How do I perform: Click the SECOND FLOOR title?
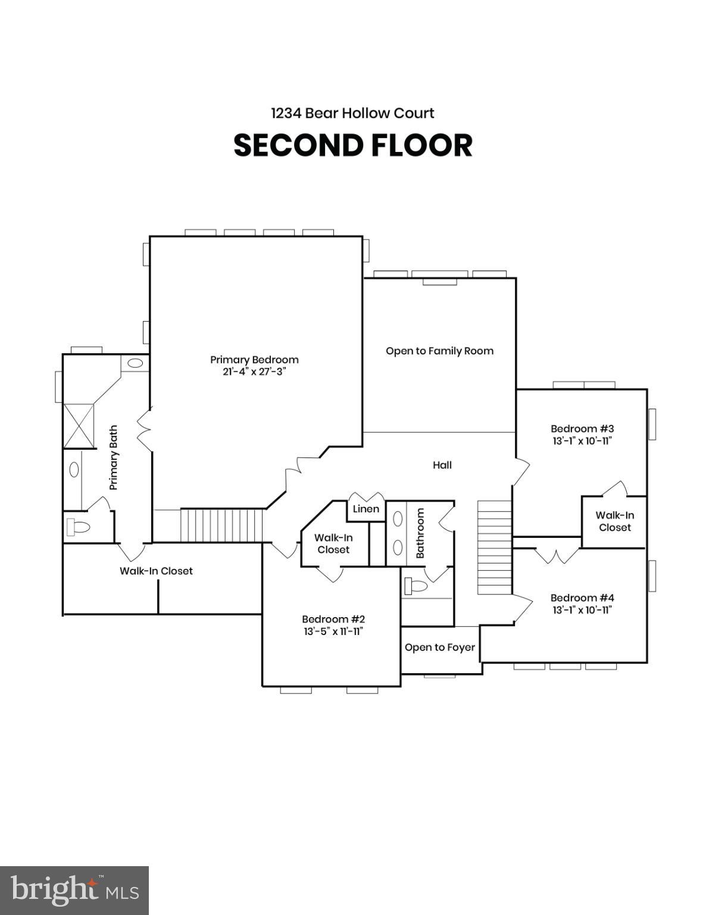(353, 145)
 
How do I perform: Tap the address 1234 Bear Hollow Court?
(352, 113)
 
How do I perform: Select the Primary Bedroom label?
(254, 360)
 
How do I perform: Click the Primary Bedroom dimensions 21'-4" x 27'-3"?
(254, 372)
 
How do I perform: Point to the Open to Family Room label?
(439, 351)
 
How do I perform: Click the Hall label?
(442, 465)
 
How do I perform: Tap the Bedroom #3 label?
(582, 428)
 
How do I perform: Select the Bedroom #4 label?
(582, 597)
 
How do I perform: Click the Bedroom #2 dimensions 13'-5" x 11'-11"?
(333, 631)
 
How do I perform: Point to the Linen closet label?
(366, 509)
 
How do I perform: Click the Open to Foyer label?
(439, 648)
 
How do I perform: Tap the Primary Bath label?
(114, 457)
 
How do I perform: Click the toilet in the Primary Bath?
(78, 527)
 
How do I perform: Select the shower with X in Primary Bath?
(79, 425)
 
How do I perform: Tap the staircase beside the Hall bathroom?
(494, 547)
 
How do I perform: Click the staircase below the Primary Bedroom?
(221, 525)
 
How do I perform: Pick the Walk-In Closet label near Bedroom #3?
(614, 521)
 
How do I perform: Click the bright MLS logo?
(74, 891)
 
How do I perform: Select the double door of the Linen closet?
(366, 497)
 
